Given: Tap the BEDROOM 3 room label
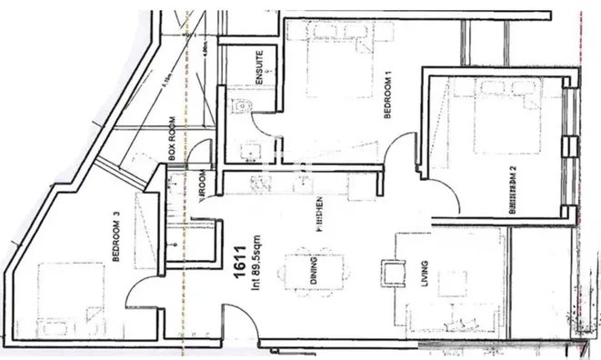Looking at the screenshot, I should click(115, 238).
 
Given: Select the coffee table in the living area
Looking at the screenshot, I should click(393, 272).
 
